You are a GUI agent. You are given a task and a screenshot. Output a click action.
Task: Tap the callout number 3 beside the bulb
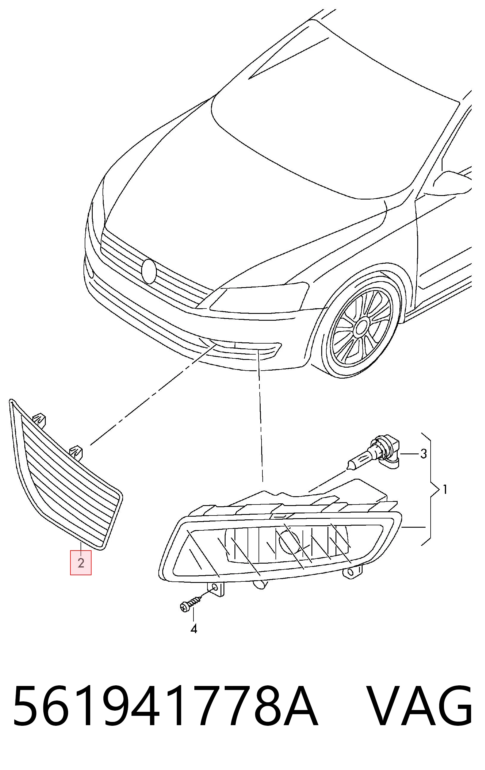[x=423, y=453]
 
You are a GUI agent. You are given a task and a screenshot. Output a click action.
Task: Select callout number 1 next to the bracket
[x=444, y=489]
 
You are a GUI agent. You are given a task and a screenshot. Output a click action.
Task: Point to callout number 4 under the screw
[x=193, y=629]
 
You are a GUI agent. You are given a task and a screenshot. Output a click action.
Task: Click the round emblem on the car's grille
[x=149, y=271]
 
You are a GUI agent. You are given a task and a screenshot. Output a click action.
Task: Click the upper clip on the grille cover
[x=40, y=420]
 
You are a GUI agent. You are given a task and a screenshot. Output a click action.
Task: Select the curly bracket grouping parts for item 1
[x=430, y=489]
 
